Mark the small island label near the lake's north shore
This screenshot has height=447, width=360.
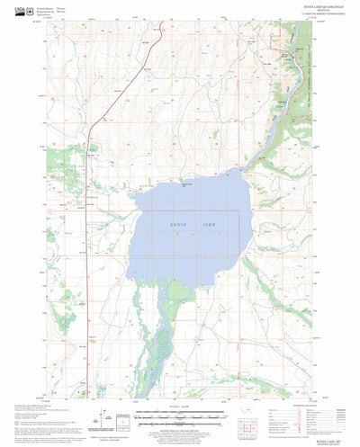coord(187,184)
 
